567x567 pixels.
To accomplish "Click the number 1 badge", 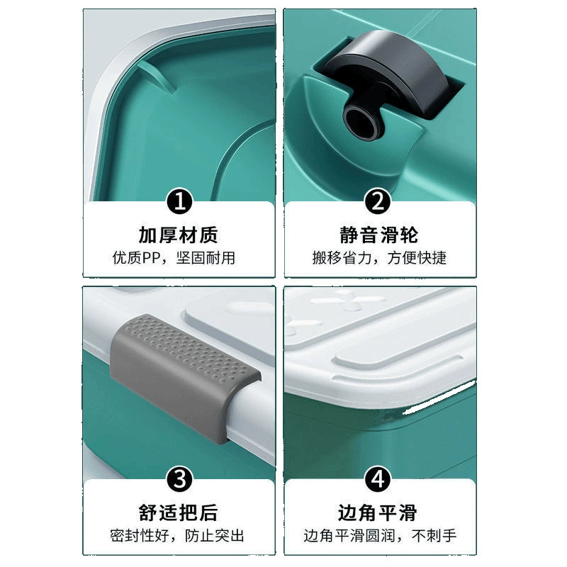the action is (x=179, y=201).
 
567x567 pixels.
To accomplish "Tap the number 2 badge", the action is (x=378, y=201).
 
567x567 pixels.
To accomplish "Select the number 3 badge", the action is (x=179, y=479).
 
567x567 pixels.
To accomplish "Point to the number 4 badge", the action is (x=378, y=479).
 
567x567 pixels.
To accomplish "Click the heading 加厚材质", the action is (x=179, y=235).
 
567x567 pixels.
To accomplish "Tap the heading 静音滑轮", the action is (x=378, y=235).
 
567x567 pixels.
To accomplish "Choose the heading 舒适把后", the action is (x=179, y=512).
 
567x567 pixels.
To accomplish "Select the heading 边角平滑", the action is (x=378, y=512).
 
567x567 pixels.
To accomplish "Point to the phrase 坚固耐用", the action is (x=206, y=258).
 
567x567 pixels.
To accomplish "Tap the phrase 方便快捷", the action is (x=417, y=258).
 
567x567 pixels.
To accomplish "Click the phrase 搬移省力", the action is (x=342, y=258).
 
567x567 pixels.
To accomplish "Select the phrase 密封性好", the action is (x=140, y=536).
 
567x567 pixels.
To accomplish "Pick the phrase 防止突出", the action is (x=215, y=536).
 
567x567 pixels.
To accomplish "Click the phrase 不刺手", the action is (x=434, y=536).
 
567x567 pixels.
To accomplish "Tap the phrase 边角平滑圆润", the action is (x=349, y=536).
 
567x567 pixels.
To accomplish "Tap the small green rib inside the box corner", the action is (x=157, y=75).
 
